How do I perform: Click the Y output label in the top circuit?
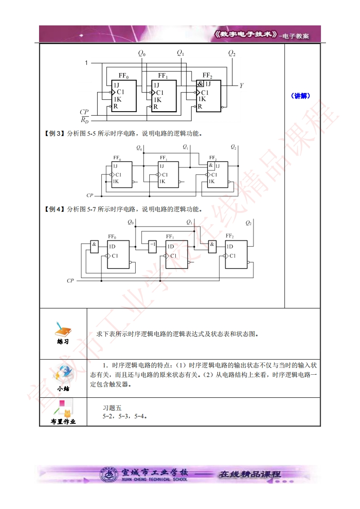click(242, 85)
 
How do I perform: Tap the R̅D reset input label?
click(84, 120)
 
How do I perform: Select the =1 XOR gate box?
click(152, 246)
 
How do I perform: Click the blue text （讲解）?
click(300, 96)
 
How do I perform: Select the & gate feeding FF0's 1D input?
click(94, 246)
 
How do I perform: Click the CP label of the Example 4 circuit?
click(70, 281)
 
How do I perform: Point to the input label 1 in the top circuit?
click(86, 63)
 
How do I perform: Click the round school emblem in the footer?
click(108, 475)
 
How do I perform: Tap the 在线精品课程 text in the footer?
click(250, 475)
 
